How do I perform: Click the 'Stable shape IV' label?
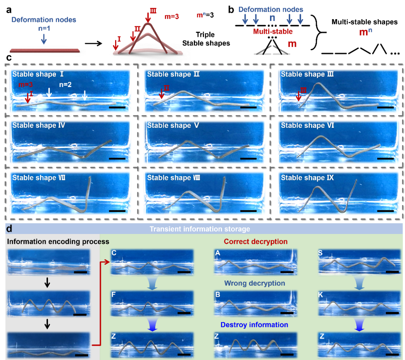coord(39,126)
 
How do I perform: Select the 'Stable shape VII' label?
coord(39,178)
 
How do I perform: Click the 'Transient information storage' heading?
coord(199,229)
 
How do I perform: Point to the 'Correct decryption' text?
coord(256,241)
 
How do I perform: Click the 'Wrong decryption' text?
coord(255,283)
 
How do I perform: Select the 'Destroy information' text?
coord(254,325)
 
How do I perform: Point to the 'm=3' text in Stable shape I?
coord(26,85)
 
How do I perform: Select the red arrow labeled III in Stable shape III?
coord(298,96)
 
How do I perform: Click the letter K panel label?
coord(321,295)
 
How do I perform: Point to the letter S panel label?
coord(321,253)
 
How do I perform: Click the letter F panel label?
coord(113,295)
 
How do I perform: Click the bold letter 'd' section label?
coord(9,228)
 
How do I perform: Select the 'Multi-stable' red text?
coord(272,32)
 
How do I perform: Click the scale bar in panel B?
coord(287,313)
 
